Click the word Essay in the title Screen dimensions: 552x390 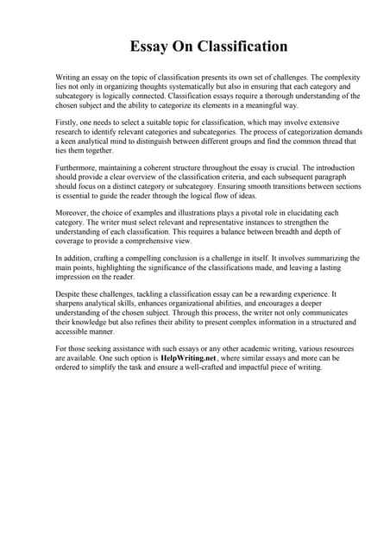(x=150, y=46)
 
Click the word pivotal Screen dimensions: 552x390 (x=234, y=212)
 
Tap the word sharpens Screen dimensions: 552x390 (x=72, y=304)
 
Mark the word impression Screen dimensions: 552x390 (x=74, y=277)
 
